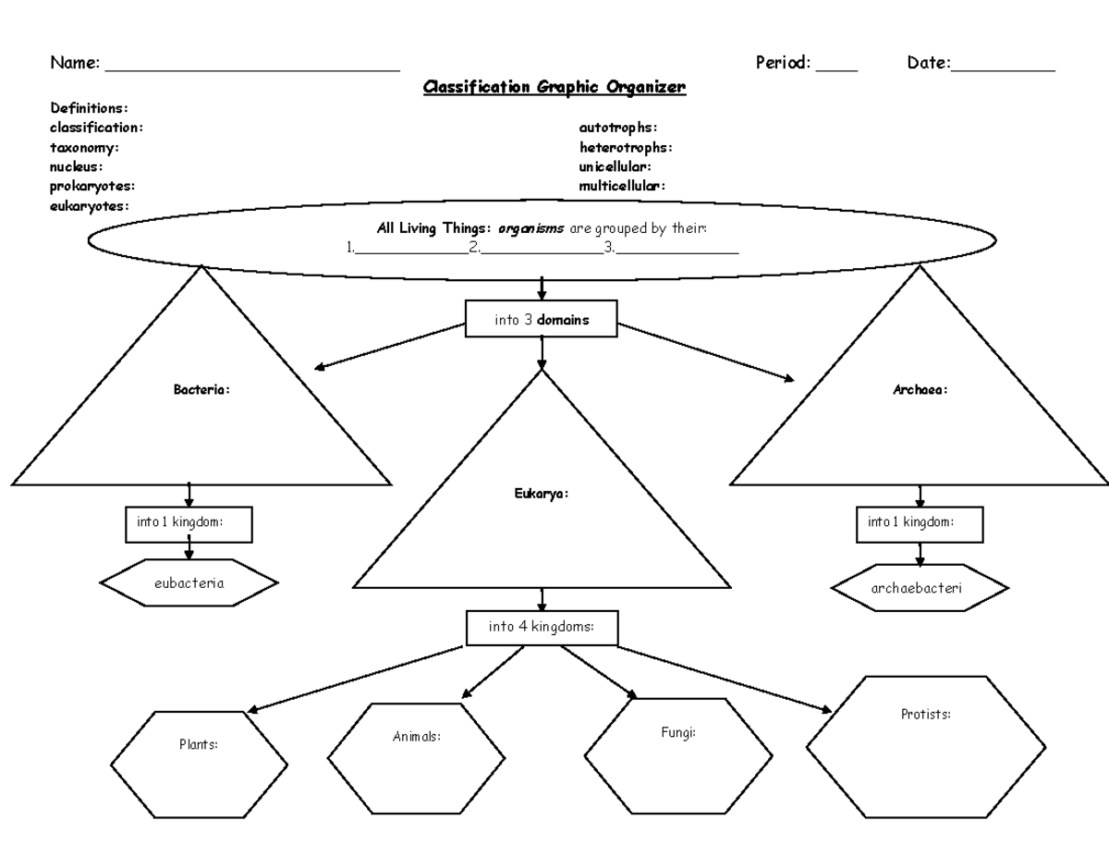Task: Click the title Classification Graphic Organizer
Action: click(x=554, y=88)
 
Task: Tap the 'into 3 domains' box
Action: click(x=541, y=319)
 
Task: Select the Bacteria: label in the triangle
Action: click(x=201, y=390)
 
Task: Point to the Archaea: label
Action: click(x=920, y=390)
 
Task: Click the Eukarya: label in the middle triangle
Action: click(x=542, y=494)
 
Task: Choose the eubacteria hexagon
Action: click(x=189, y=582)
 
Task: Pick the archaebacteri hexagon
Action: click(x=920, y=588)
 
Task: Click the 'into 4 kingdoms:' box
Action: click(x=541, y=627)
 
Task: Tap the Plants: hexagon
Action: click(x=199, y=765)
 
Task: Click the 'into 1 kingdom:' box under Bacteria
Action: click(x=188, y=523)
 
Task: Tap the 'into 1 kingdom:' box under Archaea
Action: click(x=919, y=523)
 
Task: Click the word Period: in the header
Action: click(x=783, y=64)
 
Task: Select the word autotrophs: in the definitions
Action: click(x=617, y=128)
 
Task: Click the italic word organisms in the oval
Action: click(x=530, y=227)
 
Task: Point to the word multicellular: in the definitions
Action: click(x=621, y=186)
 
